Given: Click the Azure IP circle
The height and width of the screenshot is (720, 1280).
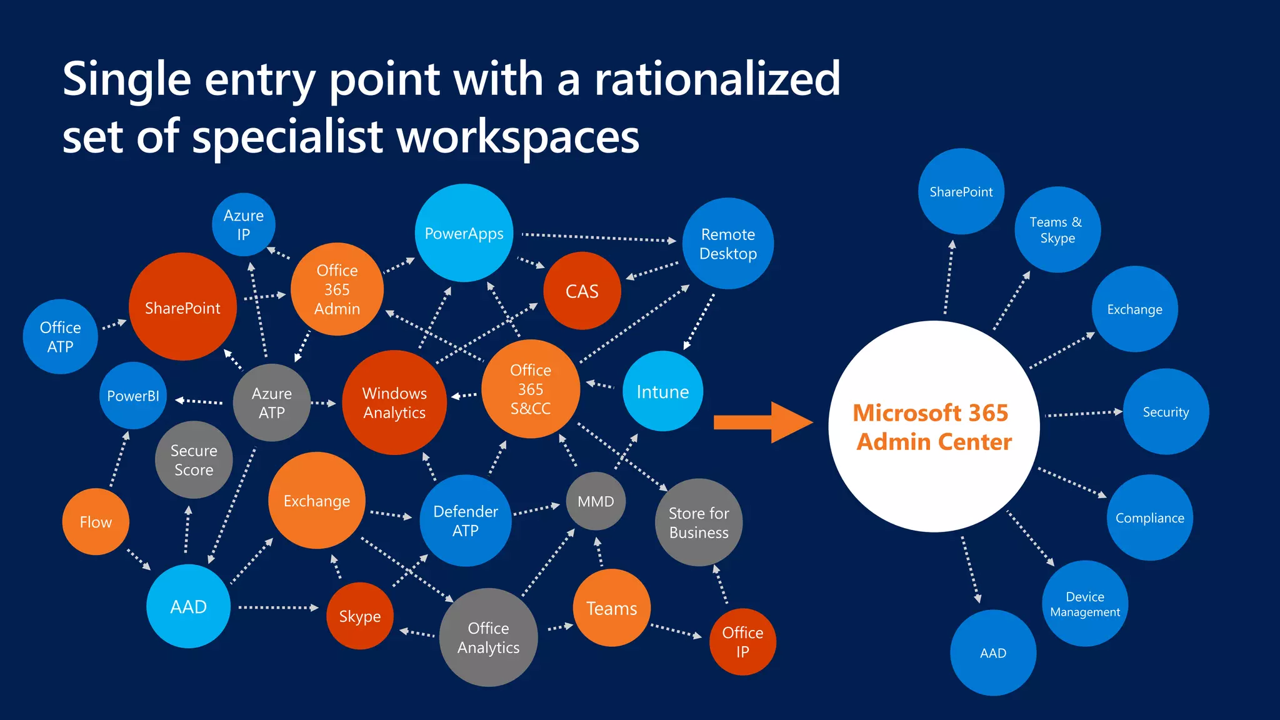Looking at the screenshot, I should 244,224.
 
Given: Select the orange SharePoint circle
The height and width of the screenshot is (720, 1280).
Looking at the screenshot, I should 182,307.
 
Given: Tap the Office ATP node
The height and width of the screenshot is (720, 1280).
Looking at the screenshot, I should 61,337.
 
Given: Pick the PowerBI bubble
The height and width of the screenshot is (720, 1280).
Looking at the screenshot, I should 133,396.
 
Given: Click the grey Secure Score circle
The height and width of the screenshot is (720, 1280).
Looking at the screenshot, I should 194,460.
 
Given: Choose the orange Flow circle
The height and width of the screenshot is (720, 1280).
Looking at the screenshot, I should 96,522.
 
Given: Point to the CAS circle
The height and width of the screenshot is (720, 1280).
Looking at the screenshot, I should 582,291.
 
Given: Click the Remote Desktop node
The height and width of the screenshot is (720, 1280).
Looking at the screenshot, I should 728,244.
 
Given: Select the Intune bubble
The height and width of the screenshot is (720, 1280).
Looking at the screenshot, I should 662,391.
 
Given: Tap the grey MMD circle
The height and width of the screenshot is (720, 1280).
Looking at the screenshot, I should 596,501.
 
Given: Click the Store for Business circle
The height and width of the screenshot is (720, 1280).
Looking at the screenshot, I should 699,522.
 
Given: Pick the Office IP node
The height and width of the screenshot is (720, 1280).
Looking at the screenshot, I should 742,642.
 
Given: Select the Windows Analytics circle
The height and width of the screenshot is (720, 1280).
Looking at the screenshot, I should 394,402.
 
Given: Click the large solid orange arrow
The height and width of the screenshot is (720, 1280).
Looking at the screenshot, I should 762,422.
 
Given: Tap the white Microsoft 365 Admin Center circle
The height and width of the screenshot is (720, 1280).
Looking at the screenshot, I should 934,426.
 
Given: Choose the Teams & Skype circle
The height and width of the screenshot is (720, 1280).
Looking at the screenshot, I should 1057,229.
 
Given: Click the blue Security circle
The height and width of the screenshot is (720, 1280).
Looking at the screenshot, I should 1166,412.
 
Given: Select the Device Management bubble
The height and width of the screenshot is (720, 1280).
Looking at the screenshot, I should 1085,604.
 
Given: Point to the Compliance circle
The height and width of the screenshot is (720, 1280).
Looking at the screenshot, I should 1150,517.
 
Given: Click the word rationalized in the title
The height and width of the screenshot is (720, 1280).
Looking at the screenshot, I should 717,79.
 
